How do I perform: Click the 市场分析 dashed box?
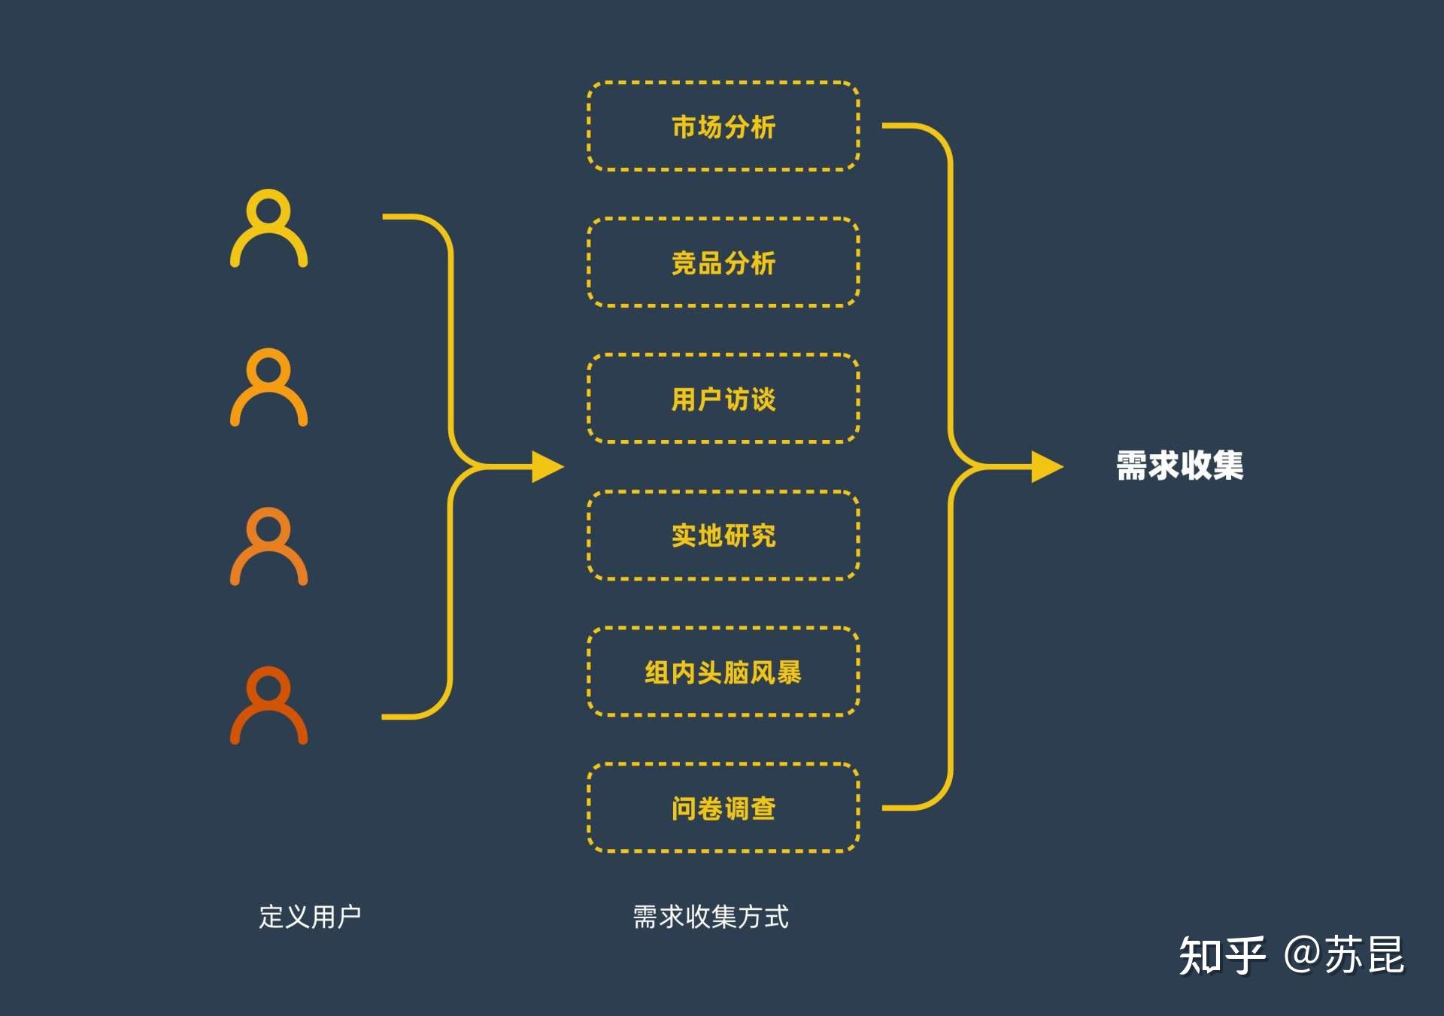[723, 126]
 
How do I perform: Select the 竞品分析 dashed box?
[723, 262]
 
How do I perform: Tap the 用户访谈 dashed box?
[723, 399]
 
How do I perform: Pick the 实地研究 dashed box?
[723, 535]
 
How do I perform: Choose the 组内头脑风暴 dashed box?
[723, 672]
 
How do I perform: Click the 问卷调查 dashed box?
[723, 808]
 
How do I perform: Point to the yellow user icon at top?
[268, 229]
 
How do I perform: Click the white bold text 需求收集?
[1179, 466]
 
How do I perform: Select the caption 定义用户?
[310, 917]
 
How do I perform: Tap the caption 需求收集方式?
[711, 917]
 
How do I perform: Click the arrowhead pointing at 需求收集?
[1046, 467]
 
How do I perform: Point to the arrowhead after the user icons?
[547, 467]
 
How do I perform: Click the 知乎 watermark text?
[1222, 956]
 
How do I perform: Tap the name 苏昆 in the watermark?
[1364, 956]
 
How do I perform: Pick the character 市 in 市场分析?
[684, 127]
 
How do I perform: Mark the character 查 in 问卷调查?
[763, 808]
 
